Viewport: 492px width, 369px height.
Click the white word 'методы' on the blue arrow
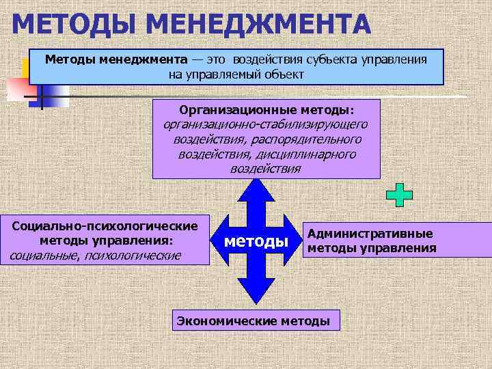(256, 241)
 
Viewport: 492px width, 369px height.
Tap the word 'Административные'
(370, 234)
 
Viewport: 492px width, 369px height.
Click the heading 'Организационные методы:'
(266, 109)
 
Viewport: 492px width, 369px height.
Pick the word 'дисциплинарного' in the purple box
(312, 154)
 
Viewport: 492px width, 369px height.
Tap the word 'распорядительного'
(312, 139)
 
